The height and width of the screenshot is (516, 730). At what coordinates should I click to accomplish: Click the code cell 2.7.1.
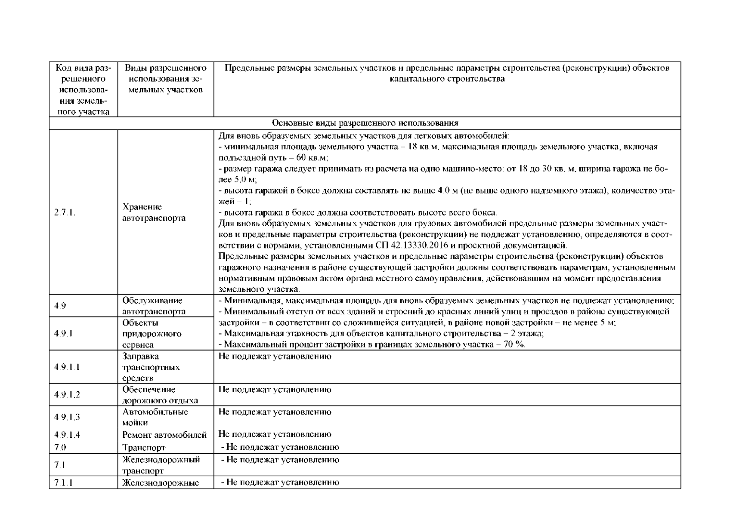click(x=65, y=212)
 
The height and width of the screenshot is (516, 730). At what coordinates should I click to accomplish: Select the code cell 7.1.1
click(x=63, y=482)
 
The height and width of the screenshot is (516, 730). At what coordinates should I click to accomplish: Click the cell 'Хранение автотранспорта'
click(x=154, y=212)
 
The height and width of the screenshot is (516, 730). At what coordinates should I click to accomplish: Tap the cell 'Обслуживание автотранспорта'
click(x=154, y=306)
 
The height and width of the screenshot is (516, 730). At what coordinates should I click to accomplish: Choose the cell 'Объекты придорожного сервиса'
click(x=152, y=334)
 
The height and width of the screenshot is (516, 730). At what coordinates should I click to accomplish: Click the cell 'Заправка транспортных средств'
click(x=151, y=367)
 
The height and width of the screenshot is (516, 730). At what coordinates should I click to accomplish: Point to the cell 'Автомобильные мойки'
click(x=155, y=417)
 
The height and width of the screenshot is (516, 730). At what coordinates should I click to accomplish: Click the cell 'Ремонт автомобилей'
click(x=164, y=435)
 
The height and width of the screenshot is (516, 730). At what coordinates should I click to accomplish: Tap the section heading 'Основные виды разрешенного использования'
click(x=365, y=123)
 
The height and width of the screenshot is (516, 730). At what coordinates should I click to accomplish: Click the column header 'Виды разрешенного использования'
click(x=166, y=79)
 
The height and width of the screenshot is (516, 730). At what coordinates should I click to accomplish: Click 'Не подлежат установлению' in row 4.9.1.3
click(x=275, y=412)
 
